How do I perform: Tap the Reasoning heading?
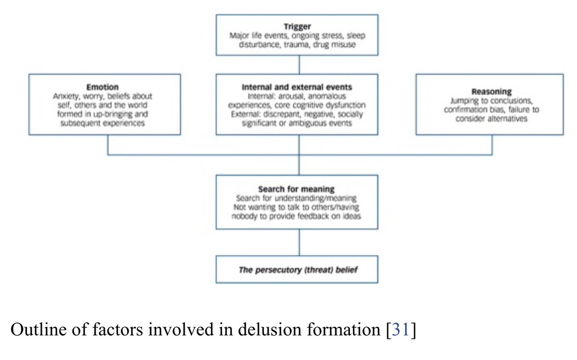(489, 92)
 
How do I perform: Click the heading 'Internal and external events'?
(297, 87)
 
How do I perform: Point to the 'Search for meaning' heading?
(297, 189)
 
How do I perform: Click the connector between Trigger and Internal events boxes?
(300, 64)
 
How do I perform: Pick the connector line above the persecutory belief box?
(300, 243)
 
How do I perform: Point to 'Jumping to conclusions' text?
(489, 101)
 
